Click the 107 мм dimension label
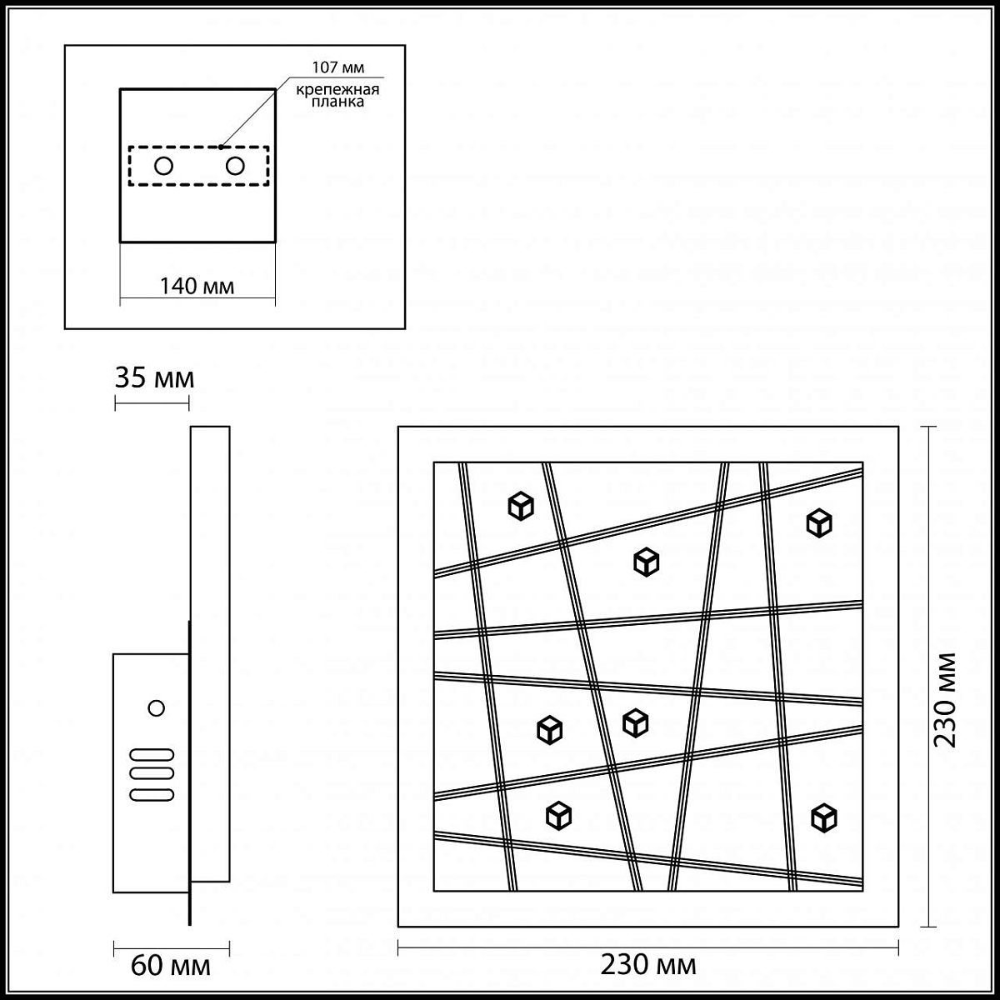[x=337, y=67]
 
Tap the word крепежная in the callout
[x=337, y=89]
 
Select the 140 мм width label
[x=197, y=286]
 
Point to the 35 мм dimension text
[x=154, y=377]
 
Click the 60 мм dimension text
[x=170, y=966]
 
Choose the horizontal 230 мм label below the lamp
[x=648, y=965]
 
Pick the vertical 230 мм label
[x=944, y=700]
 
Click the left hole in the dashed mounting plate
[x=163, y=166]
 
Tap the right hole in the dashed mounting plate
[x=235, y=166]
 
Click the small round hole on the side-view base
[x=156, y=707]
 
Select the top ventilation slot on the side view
[x=152, y=754]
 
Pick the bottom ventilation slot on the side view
[x=152, y=794]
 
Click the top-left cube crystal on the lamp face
[x=521, y=506]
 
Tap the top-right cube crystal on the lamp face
[x=819, y=523]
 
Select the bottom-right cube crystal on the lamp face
[x=823, y=818]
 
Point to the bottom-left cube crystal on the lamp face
[x=558, y=816]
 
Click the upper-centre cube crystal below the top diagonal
[x=646, y=562]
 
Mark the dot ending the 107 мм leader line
[x=221, y=147]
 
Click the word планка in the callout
[x=337, y=102]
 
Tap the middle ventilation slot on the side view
[x=152, y=774]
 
